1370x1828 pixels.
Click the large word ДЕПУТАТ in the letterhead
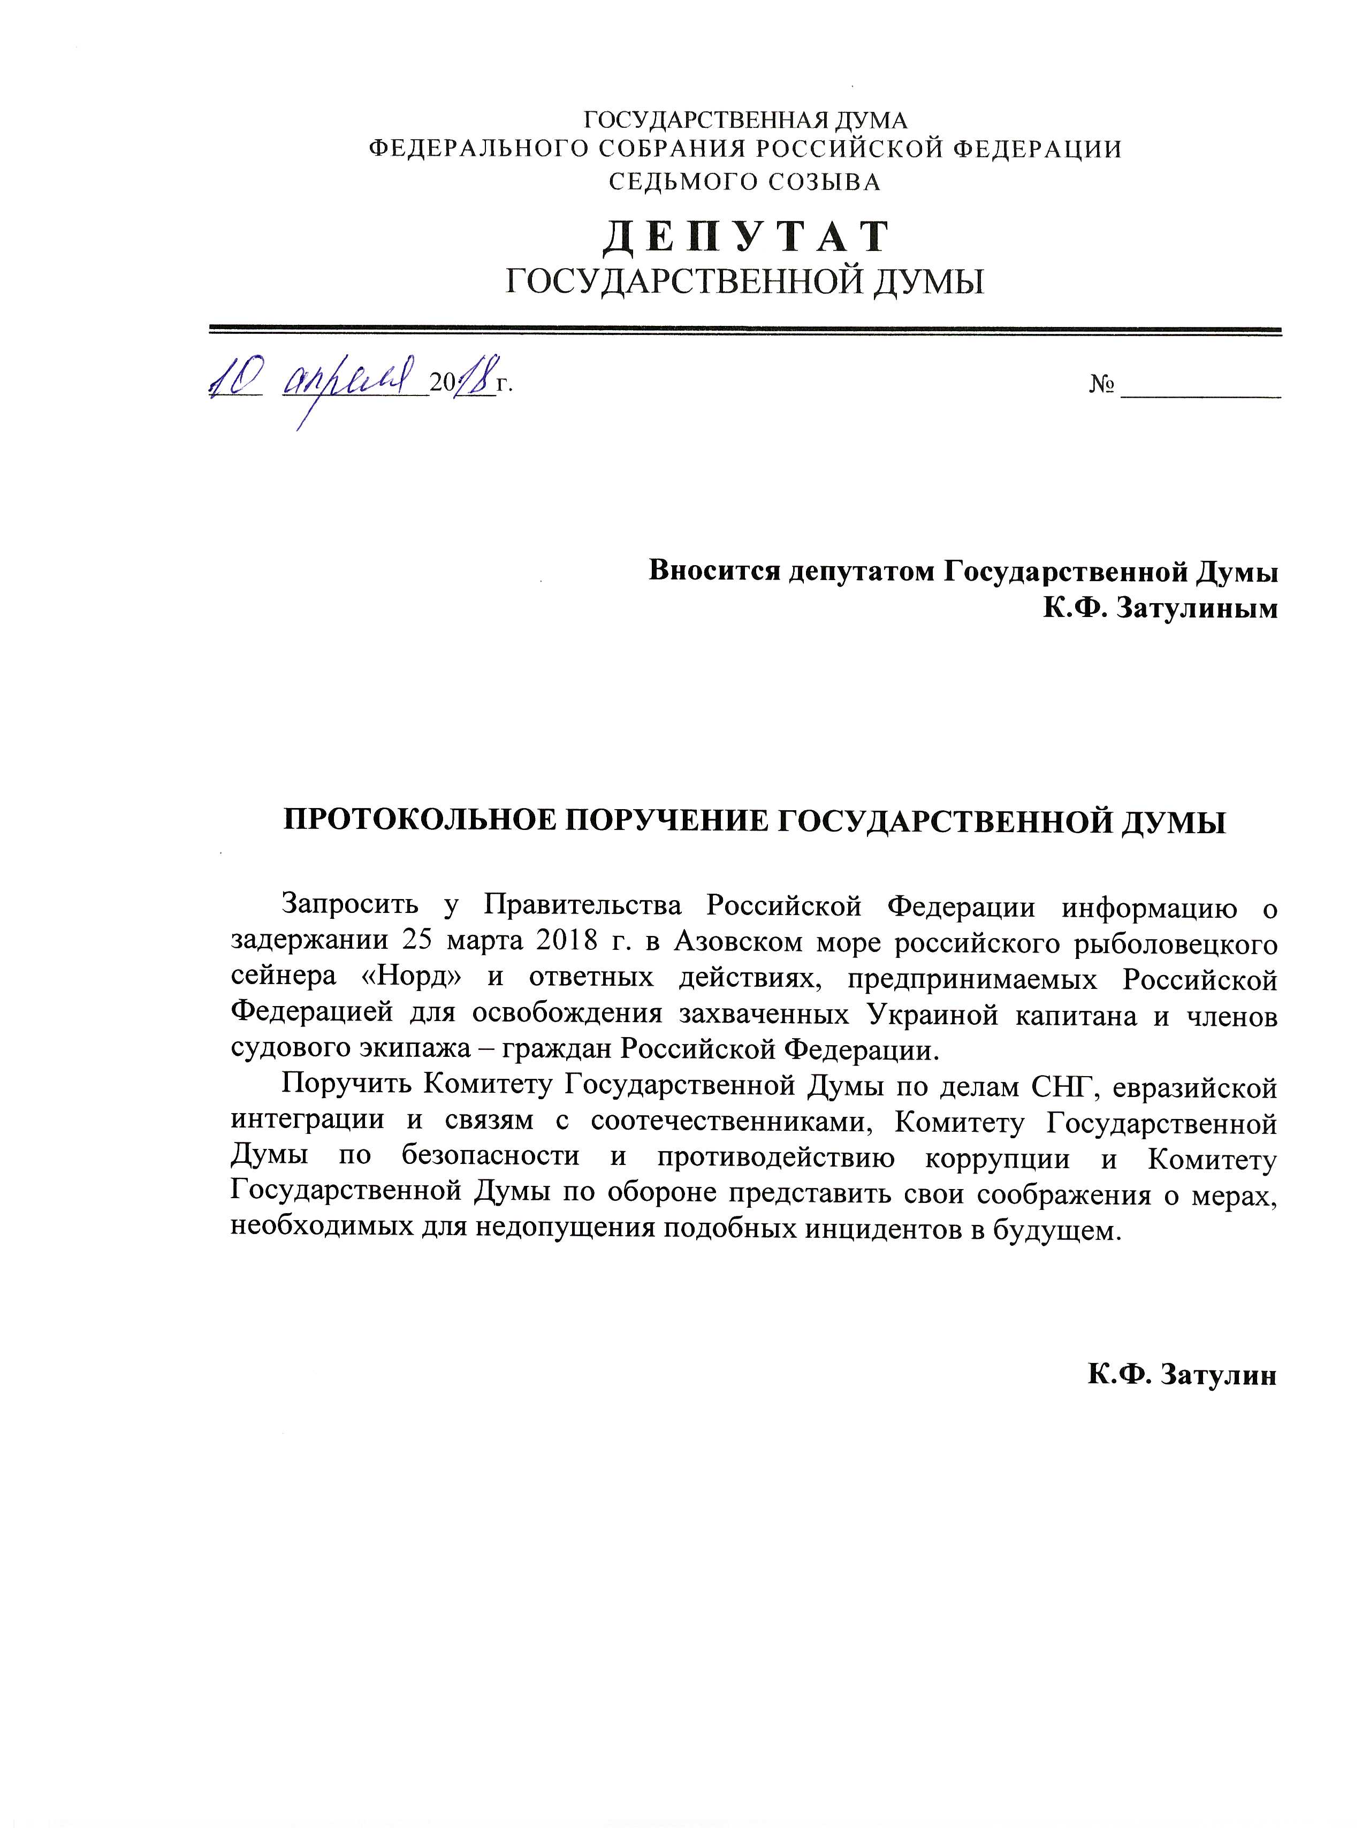point(745,237)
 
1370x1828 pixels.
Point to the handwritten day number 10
point(235,382)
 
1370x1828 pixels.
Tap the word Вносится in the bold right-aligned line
point(713,572)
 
